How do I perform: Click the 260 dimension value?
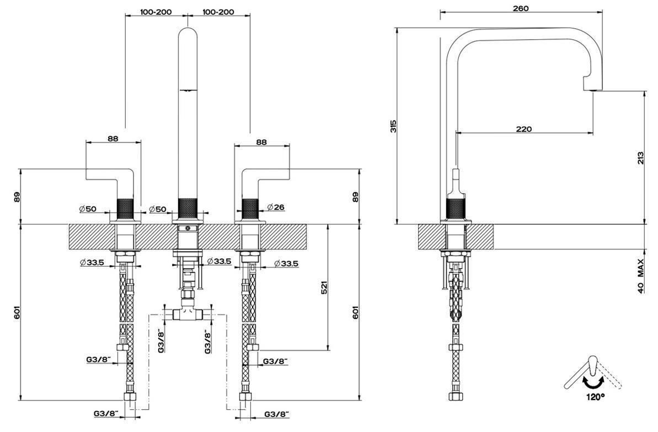pos(520,8)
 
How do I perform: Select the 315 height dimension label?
pos(393,126)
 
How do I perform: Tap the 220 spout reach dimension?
pos(523,129)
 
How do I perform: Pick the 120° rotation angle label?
pos(595,396)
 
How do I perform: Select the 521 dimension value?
pos(324,286)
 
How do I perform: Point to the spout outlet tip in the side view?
pos(593,88)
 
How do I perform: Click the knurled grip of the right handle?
pos(250,207)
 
